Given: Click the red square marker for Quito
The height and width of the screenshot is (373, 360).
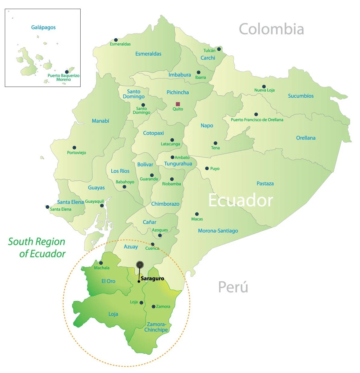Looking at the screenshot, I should coord(178,104).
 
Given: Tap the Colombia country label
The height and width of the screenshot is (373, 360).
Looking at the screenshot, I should coord(271,29).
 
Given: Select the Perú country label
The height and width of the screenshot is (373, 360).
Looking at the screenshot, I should coord(233,287).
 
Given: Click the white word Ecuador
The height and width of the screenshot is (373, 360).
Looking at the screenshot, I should coord(241,201).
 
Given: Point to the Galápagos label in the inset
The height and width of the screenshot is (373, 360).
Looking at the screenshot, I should coord(43,27).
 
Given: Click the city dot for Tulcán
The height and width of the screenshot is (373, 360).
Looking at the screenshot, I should coord(219,49).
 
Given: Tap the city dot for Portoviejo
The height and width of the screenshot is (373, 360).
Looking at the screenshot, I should coord(74,148).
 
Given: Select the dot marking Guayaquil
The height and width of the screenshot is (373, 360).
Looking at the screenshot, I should coord(102,206).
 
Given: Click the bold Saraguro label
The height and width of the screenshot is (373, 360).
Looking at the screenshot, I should coord(152,279).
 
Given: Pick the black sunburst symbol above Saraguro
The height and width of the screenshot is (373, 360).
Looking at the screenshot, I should coord(140,265).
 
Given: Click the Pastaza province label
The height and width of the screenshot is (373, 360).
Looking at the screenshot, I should coord(265,183).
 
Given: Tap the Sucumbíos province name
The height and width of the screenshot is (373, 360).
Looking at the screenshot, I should coord(301,96).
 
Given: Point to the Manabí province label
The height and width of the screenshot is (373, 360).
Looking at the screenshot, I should coord(100,121).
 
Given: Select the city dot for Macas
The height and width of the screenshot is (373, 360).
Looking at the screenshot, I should coord(197,214).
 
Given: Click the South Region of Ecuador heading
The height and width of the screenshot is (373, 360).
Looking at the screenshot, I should coord(37,248).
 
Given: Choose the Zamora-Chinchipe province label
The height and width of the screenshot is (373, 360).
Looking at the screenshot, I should coord(156,327).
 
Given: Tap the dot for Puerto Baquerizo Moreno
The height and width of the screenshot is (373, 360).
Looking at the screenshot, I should coord(67,72).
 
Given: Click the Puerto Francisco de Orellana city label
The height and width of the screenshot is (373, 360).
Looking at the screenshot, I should coord(257,120).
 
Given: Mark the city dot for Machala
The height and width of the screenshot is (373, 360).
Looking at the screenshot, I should coord(101,263).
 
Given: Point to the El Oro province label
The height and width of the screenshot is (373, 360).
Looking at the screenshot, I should coord(108,281).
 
